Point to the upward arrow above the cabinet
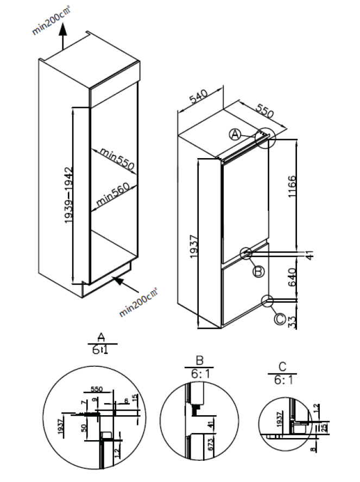click(63, 40)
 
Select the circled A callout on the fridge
click(235, 134)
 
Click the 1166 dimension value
click(307, 189)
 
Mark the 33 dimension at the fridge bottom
click(307, 322)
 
